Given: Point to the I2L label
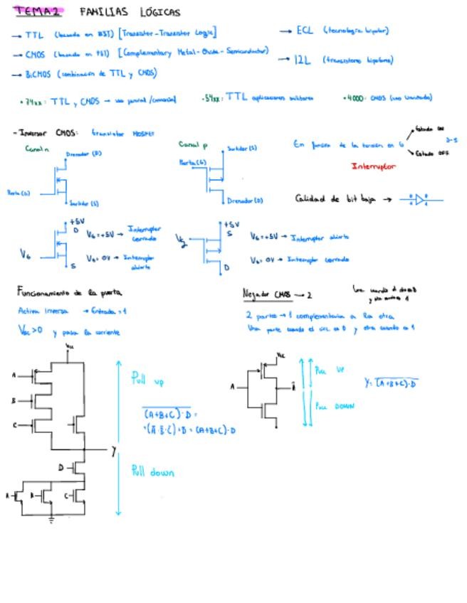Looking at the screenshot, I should pyautogui.click(x=303, y=60).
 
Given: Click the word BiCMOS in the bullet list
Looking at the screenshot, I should pyautogui.click(x=38, y=73).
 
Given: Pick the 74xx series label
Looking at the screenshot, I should pyautogui.click(x=33, y=102).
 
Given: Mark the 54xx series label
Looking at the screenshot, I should pyautogui.click(x=213, y=98).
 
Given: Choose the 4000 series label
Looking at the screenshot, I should pyautogui.click(x=353, y=98).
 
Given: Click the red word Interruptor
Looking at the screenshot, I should pyautogui.click(x=374, y=166).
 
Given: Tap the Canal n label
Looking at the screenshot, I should pyautogui.click(x=36, y=149).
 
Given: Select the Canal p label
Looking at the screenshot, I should pyautogui.click(x=192, y=145).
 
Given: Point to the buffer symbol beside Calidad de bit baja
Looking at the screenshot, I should pyautogui.click(x=420, y=199).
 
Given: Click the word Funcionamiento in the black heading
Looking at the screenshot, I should pyautogui.click(x=42, y=292).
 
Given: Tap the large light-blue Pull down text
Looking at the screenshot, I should pyautogui.click(x=152, y=471).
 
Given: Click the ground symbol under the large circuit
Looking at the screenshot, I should pyautogui.click(x=51, y=520).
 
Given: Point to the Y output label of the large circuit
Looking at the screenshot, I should pyautogui.click(x=113, y=451).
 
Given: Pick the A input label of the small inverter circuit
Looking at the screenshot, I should pyautogui.click(x=232, y=388).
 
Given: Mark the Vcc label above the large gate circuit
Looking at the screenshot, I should pyautogui.click(x=70, y=346).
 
